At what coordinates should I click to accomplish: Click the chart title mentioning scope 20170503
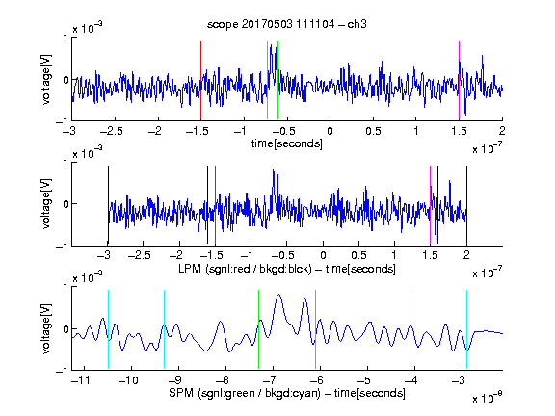coord(287,24)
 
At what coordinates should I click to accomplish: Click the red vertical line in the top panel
coord(200,81)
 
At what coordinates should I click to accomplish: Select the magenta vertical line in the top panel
coord(459,81)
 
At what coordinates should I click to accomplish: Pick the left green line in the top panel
coord(267,80)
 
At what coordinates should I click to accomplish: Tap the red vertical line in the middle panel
coord(215,205)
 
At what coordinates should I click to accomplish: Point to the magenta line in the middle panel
coord(430,205)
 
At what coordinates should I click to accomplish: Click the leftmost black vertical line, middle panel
coord(108,205)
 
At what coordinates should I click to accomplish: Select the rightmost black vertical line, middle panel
coord(466,205)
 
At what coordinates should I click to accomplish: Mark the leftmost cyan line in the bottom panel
coord(108,329)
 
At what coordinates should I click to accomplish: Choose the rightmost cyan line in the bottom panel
coord(466,329)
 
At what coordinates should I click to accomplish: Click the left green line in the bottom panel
coord(259,329)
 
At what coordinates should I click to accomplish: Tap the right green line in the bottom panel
coord(315,329)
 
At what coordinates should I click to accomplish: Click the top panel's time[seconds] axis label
coord(287,143)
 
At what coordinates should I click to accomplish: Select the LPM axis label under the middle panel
coord(287,269)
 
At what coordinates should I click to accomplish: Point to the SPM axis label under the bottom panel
coord(287,393)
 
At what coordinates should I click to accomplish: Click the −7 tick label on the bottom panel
coord(272,380)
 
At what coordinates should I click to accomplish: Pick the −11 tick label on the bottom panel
coord(81,380)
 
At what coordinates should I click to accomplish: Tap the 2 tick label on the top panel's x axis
coord(502,131)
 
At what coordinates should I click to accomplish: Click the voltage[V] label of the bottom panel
coord(46,328)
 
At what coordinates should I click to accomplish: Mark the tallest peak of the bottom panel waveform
coord(278,295)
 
